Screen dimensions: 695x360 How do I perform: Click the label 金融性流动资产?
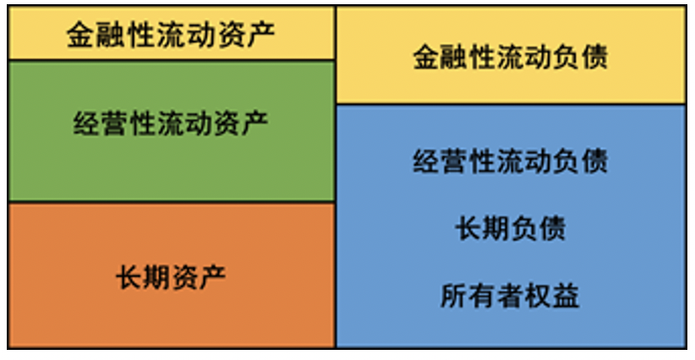(171, 34)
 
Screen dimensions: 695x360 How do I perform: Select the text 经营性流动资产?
(171, 123)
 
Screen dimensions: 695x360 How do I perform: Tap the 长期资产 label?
(171, 276)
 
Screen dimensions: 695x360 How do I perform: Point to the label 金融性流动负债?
(511, 57)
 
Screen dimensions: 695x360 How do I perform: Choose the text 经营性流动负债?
(511, 161)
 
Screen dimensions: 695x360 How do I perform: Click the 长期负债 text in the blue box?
(511, 228)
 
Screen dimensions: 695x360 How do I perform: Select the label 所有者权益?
(511, 296)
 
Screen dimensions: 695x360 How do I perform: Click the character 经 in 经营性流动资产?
(88, 123)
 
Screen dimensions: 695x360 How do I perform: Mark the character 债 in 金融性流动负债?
(594, 57)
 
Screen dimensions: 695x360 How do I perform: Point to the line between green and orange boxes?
(171, 202)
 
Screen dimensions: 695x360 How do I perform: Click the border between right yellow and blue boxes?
(511, 104)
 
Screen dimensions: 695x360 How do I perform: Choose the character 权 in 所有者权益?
(538, 296)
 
